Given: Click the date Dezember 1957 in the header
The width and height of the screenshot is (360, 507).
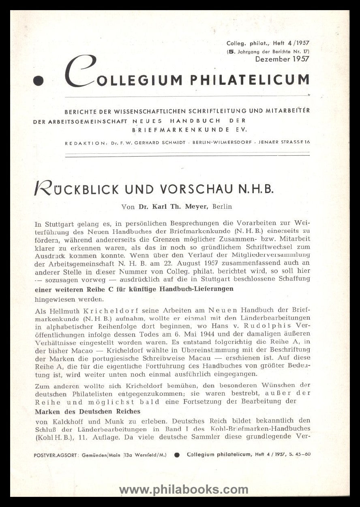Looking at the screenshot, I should (x=282, y=59).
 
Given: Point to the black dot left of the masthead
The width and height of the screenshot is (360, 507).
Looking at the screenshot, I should (x=39, y=81).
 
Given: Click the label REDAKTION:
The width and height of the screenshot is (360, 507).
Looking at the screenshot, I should (x=83, y=143).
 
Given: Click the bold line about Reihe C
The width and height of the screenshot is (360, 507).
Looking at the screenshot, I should (x=134, y=289).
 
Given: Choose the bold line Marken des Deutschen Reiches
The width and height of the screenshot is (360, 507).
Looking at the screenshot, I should (x=88, y=411).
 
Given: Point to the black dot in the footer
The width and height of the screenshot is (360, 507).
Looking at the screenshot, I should (x=177, y=455).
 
